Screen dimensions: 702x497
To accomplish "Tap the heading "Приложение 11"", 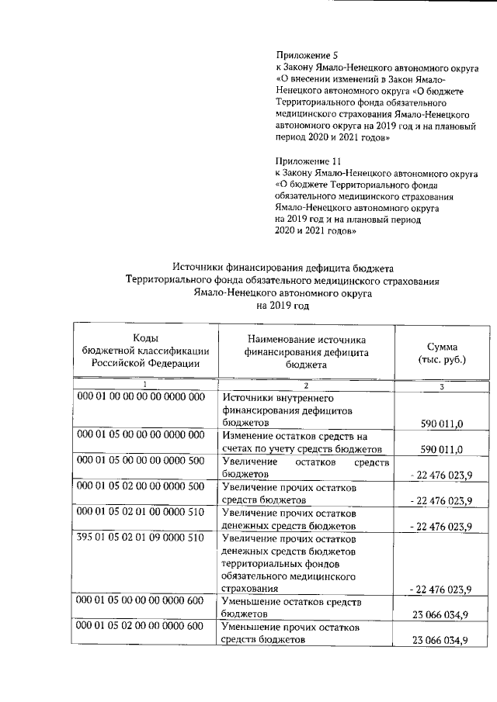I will (x=310, y=161).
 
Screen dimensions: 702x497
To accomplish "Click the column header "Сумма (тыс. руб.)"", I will (x=442, y=354).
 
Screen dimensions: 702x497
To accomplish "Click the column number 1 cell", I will (x=145, y=386).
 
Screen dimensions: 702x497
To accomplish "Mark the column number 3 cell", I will (x=441, y=386).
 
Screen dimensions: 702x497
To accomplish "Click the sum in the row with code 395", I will (x=440, y=590).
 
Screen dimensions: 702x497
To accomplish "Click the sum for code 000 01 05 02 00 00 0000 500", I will (x=440, y=499).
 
